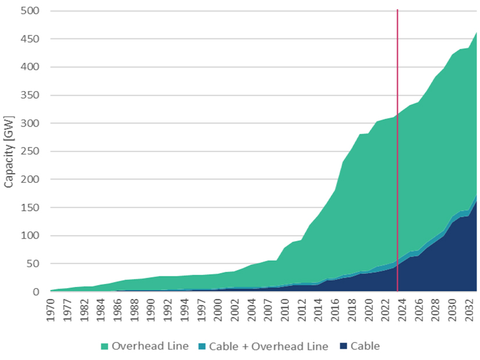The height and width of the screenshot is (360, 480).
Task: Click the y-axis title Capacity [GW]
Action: coord(9,152)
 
